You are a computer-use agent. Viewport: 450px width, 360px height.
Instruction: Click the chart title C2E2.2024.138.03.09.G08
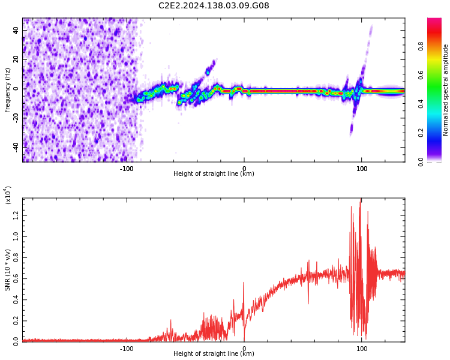click(x=214, y=6)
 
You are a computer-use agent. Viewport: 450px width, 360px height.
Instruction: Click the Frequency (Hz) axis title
click(x=8, y=90)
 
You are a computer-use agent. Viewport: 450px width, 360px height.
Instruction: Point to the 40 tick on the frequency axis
click(x=17, y=31)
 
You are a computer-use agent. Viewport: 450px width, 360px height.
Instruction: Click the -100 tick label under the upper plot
click(x=127, y=169)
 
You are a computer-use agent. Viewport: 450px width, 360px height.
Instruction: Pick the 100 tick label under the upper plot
click(x=362, y=169)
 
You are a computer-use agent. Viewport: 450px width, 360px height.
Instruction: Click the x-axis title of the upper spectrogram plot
click(x=214, y=174)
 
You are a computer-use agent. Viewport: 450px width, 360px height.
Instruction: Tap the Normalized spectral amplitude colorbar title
click(x=446, y=90)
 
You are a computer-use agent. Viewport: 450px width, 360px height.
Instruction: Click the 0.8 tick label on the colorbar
click(x=437, y=46)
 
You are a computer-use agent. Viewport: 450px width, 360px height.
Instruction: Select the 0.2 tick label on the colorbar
click(x=437, y=133)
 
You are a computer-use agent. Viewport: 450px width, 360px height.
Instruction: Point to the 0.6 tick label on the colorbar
click(x=437, y=74)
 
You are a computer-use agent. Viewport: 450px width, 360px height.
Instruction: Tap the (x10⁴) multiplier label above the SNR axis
click(x=8, y=195)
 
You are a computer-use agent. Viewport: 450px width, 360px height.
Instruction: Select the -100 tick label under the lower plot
click(x=127, y=349)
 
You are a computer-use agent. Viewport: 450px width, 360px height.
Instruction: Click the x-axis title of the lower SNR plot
click(x=214, y=354)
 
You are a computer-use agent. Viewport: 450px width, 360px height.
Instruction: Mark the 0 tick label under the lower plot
click(x=244, y=349)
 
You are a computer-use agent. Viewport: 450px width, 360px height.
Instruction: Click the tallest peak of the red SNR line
click(x=361, y=199)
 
